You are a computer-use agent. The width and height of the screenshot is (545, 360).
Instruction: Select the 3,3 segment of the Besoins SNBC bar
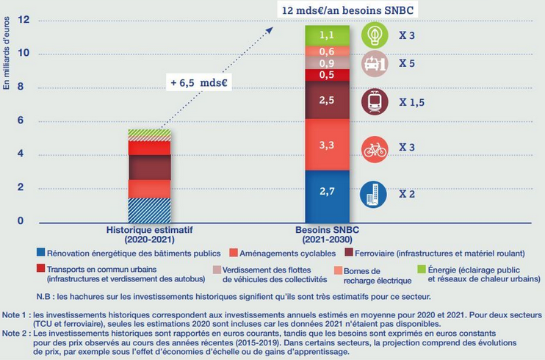(x=327, y=145)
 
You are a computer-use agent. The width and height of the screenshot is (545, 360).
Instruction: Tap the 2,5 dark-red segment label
(x=327, y=99)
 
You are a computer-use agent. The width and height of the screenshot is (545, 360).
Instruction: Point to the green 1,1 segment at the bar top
(x=327, y=34)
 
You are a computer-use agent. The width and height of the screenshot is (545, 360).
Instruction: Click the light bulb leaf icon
(x=375, y=35)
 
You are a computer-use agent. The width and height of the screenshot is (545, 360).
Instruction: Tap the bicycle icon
(x=375, y=149)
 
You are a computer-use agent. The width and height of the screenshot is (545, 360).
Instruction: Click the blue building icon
(x=375, y=195)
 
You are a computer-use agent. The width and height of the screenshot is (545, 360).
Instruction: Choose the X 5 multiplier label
(x=407, y=64)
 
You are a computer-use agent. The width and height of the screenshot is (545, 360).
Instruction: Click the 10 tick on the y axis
(x=22, y=54)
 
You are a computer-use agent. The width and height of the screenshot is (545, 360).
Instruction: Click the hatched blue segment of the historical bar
(x=149, y=209)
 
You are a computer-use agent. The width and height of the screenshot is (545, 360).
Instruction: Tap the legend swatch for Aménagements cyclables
(x=232, y=252)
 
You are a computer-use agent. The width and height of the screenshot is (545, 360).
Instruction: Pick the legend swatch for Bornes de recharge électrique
(x=339, y=270)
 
